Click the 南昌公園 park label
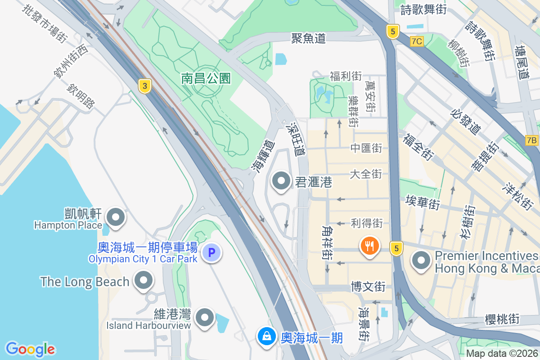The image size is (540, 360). pos(206,79)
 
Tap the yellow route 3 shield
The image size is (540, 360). pos(144,86)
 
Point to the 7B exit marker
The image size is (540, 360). pos(531,140)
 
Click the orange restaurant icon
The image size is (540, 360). pos(369,246)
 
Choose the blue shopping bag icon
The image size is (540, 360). pos(267,337)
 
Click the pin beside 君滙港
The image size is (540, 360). pos(282,181)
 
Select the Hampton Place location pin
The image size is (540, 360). pos(117,217)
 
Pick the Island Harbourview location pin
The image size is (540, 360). pos(206,318)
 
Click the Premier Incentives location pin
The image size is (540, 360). pos(421,261)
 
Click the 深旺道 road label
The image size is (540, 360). pos(296,139)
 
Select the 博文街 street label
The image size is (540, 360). pos(368,286)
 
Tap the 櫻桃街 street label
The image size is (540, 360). pos(502,319)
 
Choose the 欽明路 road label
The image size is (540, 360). pos(81,96)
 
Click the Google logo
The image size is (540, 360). pos(30,349)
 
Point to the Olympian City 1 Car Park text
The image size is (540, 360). pos(143,259)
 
